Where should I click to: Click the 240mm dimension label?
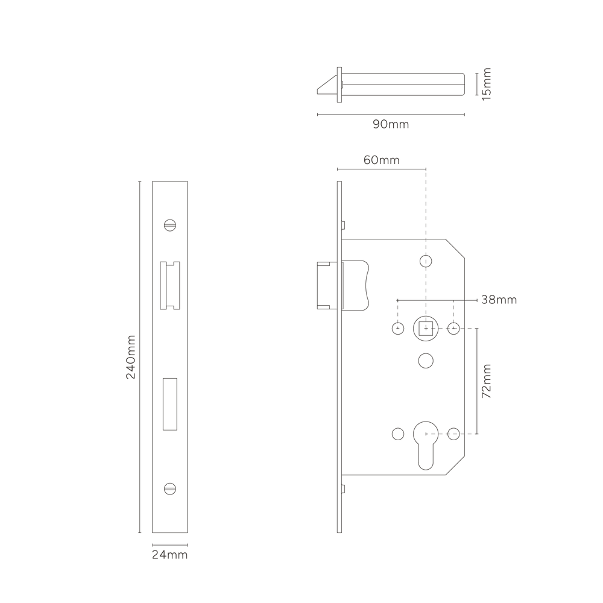pos(131,357)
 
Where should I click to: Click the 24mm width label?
pos(169,555)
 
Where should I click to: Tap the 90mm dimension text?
pos(391,124)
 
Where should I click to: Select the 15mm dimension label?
pos(487,84)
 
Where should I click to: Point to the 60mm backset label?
pos(382,160)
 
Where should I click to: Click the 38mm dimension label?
pos(499,300)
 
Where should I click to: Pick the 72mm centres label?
pos(487,381)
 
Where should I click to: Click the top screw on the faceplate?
pos(170,225)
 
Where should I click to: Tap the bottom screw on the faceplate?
pos(170,489)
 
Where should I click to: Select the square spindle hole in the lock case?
pos(426,329)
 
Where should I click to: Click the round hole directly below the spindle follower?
pos(426,361)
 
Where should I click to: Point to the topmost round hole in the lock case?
pos(426,261)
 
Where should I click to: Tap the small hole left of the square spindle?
pos(398,329)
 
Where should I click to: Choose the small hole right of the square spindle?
pos(454,329)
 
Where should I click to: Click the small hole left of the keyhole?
pos(398,434)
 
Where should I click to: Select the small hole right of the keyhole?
pos(454,434)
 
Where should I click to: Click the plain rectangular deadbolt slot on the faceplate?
pos(170,404)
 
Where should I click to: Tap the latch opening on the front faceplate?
pos(170,285)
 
